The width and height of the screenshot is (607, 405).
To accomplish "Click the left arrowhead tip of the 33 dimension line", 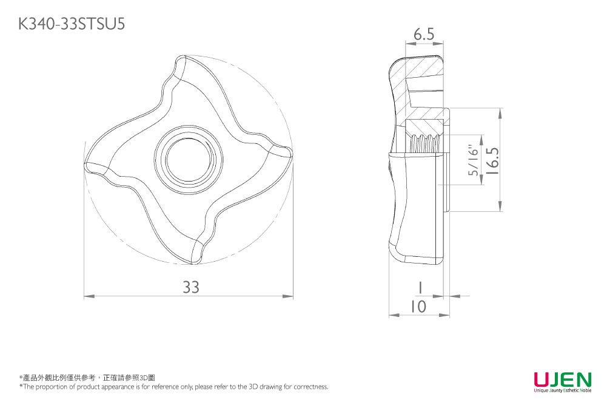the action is tap(84, 296).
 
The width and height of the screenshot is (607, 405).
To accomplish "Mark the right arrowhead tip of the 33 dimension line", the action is tap(293, 296).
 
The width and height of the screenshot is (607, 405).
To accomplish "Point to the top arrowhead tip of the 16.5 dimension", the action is tap(500, 108).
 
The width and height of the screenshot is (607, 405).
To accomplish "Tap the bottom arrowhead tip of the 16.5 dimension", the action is tap(500, 211).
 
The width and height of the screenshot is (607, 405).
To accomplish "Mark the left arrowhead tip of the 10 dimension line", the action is tap(389, 315).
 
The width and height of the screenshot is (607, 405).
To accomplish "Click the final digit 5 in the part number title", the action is tap(121, 24).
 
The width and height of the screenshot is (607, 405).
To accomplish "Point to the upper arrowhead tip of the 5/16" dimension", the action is tap(481, 135).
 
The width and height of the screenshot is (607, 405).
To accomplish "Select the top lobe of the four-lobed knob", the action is tap(182, 68).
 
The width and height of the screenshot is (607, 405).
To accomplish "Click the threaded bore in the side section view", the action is tap(424, 143).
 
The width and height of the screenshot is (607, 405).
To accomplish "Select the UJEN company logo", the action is tap(563, 382).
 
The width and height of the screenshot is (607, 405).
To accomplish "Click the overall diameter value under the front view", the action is tap(191, 287).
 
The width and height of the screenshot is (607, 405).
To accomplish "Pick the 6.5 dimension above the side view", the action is tap(424, 35).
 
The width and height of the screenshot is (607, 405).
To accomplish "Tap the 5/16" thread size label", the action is tap(474, 160).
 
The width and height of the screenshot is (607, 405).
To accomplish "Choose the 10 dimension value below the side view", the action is tap(418, 307).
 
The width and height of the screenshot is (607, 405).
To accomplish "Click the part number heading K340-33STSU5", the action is tap(72, 24).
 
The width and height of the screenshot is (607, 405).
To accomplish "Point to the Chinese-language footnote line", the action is tap(87, 378).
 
